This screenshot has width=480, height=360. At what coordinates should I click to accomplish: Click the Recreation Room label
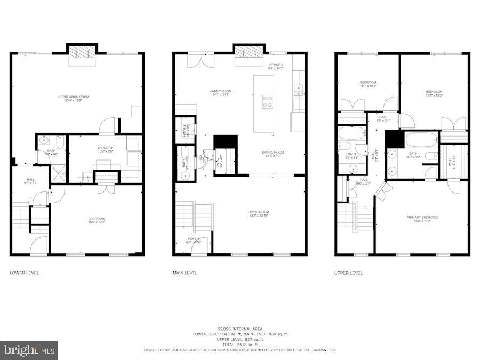74,98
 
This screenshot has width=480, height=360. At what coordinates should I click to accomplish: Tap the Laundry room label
105,149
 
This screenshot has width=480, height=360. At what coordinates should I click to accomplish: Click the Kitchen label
276,66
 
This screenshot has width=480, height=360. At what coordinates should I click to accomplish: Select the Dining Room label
273,154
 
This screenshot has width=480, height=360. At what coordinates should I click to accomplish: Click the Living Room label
258,214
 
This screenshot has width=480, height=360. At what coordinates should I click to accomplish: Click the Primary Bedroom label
422,219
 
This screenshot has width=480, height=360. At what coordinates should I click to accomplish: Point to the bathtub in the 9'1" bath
421,140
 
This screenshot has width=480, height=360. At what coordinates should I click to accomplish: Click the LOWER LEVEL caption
25,273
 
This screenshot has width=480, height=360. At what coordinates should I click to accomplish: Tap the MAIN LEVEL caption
185,273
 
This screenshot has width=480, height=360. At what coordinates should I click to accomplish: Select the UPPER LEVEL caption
349,273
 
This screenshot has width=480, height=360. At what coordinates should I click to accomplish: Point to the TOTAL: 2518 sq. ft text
239,345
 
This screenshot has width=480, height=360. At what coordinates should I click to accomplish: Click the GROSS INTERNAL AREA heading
239,329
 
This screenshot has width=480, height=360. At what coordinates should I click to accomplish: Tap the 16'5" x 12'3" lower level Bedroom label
97,220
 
